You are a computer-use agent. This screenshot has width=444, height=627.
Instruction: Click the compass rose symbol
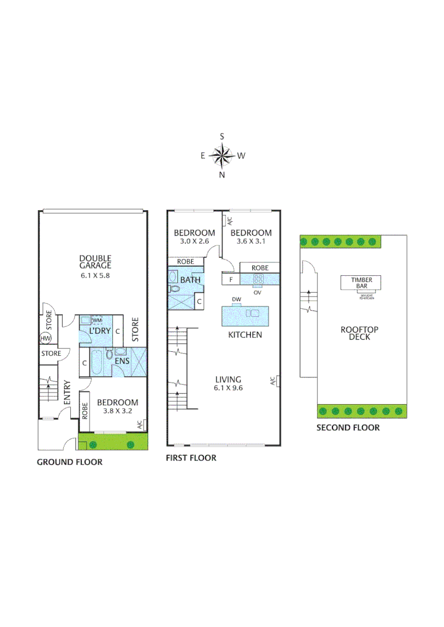pos(221,155)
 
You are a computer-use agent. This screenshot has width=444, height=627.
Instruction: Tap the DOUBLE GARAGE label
pos(95,262)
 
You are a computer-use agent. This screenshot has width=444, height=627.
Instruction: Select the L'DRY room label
pos(99,331)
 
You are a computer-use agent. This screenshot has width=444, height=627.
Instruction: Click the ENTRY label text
pos(67,392)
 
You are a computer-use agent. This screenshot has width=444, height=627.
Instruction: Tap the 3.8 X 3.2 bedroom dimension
pos(117,412)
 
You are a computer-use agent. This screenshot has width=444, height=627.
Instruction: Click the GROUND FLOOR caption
pos(70,462)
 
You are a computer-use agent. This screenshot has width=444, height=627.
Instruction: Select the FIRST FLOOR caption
pos(191,458)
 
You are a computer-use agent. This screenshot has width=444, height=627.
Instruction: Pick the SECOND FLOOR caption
pos(348,428)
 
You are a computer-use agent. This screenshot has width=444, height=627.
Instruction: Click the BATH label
pos(190,280)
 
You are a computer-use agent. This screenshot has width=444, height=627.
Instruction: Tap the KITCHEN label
pos(245,335)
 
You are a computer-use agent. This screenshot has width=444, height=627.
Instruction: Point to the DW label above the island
pos(236,300)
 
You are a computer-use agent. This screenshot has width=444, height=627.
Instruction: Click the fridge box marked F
pos(231,279)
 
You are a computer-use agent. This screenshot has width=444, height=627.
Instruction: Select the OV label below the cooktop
pos(257,292)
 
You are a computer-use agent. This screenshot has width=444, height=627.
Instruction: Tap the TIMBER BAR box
pos(360,282)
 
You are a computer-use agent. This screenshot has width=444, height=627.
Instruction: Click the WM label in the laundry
pos(97,320)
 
